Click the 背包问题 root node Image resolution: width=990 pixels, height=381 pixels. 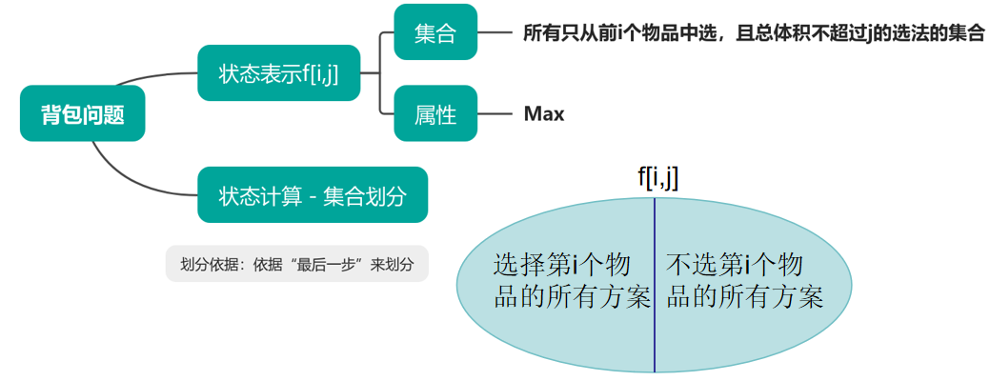click(82, 114)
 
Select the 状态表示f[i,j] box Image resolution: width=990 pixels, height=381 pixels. click(278, 73)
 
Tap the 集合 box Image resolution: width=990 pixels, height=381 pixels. click(435, 35)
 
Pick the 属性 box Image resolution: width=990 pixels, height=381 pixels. click(435, 114)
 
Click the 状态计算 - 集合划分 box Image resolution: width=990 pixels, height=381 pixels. click(313, 196)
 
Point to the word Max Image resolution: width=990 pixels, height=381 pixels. click(544, 114)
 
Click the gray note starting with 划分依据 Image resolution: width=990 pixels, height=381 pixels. click(296, 264)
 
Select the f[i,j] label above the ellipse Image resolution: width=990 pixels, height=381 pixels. click(657, 176)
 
